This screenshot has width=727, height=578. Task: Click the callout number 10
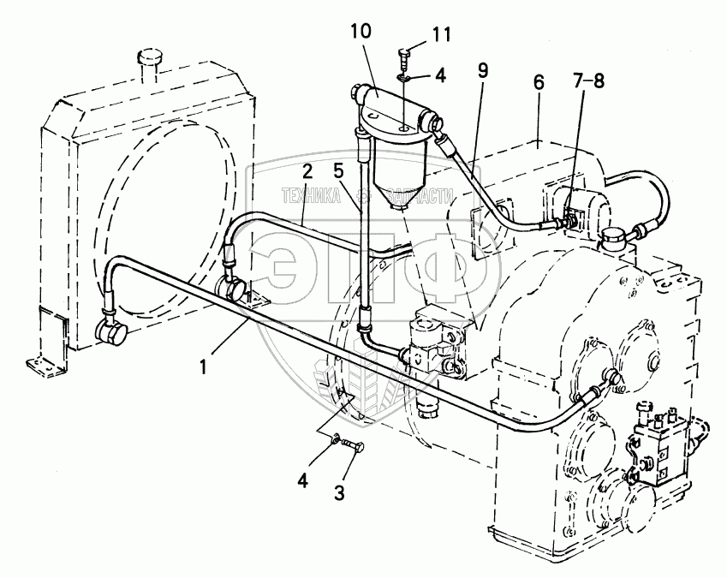(361, 32)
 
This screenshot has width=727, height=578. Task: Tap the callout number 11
(441, 35)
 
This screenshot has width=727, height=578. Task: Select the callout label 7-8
(588, 81)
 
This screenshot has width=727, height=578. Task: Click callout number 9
(483, 70)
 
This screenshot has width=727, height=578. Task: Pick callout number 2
(308, 171)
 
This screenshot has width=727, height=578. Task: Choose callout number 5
(338, 171)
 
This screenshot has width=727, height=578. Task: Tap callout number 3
(339, 492)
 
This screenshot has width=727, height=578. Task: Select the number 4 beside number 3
(302, 481)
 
